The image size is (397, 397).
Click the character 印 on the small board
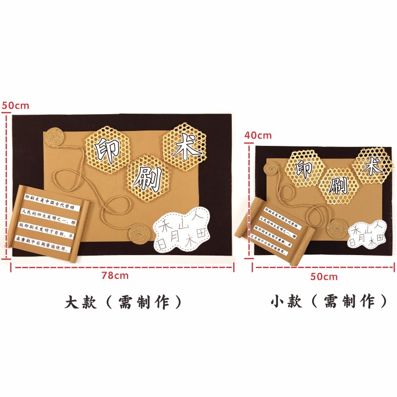coord(304,169)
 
